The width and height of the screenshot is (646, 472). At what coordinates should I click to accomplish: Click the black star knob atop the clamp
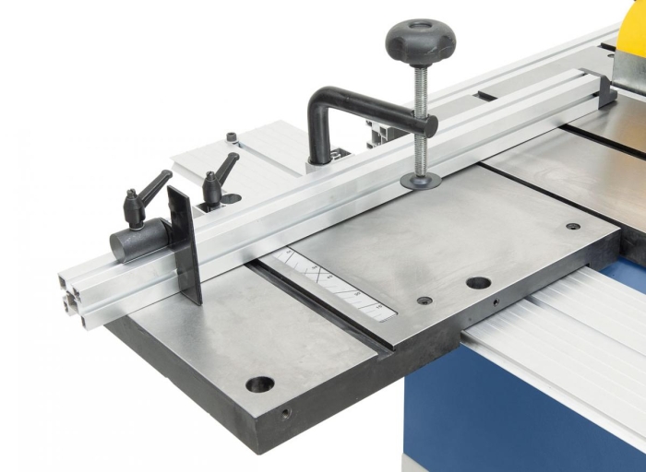click(x=420, y=40)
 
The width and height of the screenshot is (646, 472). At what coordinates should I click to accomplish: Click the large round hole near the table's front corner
click(x=259, y=383)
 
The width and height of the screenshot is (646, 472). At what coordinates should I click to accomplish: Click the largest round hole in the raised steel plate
click(x=478, y=283)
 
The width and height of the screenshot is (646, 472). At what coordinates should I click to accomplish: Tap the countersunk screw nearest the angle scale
click(x=424, y=301)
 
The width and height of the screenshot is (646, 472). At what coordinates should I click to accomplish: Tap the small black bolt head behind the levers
click(x=232, y=138)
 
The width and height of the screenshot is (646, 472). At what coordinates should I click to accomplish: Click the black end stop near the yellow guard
click(x=605, y=90)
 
